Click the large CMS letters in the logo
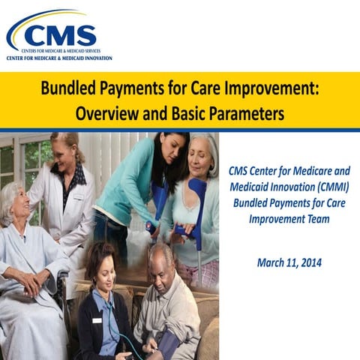[x=60, y=34]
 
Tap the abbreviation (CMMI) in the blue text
[x=331, y=185]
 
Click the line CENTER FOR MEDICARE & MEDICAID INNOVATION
[x=59, y=58]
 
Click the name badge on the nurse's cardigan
[x=96, y=320]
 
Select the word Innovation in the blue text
[x=288, y=185]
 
